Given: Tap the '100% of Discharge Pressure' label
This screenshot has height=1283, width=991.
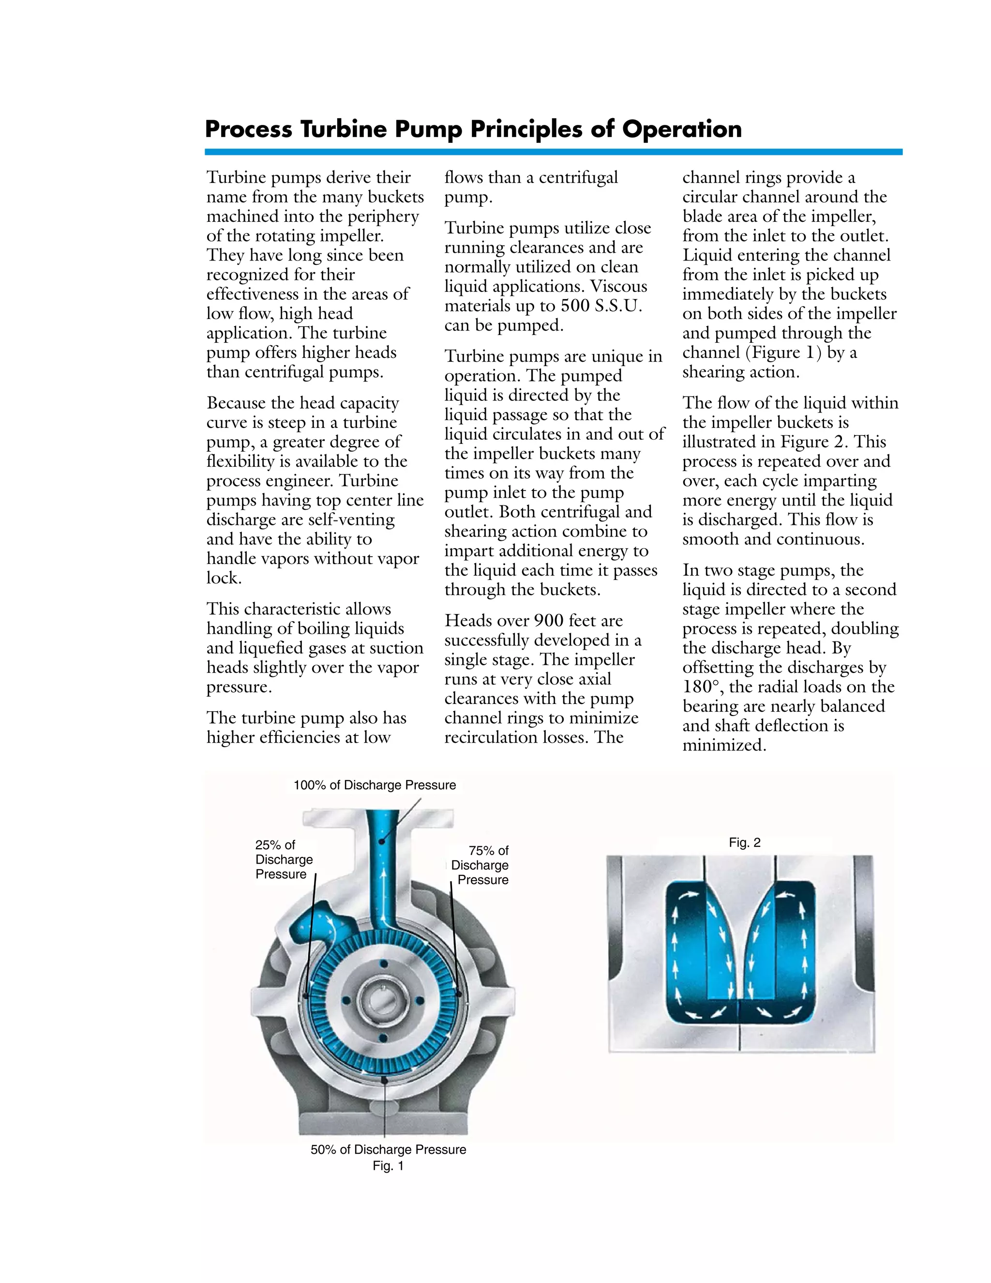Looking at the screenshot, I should click(374, 785).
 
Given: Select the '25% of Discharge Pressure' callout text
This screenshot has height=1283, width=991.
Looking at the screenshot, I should click(284, 859).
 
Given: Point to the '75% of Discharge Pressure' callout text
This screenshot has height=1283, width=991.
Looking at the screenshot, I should click(480, 865).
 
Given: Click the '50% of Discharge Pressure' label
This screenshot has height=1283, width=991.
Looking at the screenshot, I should click(388, 1150).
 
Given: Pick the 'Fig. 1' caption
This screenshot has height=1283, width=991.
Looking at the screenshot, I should click(388, 1166).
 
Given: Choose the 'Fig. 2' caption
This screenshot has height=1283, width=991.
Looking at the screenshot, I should click(744, 842).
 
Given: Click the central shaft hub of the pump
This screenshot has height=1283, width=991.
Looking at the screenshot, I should click(383, 1000).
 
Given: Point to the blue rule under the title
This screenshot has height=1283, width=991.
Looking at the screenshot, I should click(553, 152).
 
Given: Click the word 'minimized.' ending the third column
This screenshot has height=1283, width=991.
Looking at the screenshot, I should click(724, 746).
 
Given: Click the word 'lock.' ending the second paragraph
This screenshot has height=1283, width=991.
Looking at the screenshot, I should click(224, 578).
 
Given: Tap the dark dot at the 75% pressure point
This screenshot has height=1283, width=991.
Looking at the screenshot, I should click(459, 994).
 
